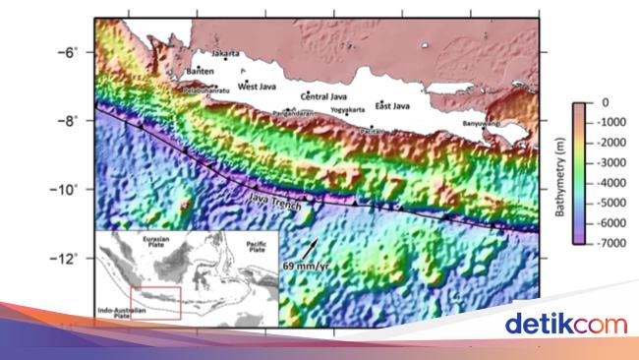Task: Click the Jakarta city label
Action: click(226, 53)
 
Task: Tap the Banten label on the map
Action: click(200, 71)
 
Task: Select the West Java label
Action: click(260, 86)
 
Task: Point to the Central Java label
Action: click(326, 96)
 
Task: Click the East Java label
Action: click(392, 106)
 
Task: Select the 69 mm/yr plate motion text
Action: click(304, 266)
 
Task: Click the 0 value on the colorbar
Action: click(605, 102)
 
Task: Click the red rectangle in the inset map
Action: click(155, 303)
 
